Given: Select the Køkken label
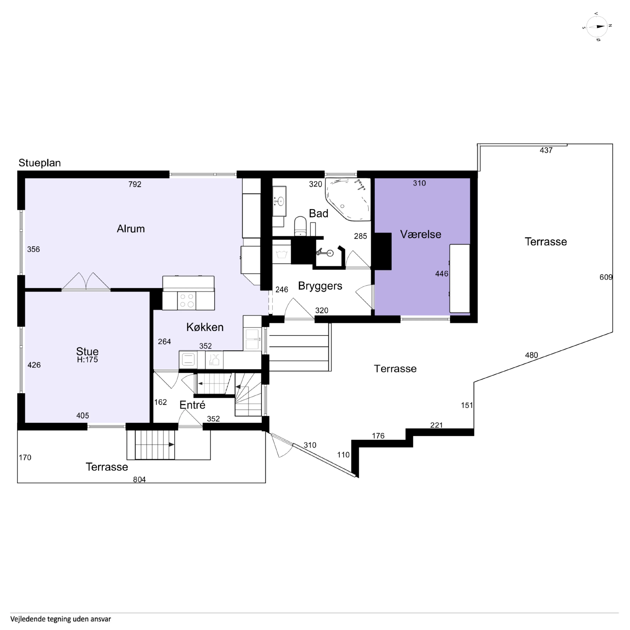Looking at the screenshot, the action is coord(205,327).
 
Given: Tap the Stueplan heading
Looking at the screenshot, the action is coord(39,163).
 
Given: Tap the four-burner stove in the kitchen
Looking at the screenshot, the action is coord(187,300).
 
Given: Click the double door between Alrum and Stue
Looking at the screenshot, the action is coord(86,281).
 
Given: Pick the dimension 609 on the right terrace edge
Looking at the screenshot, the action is coord(606,277).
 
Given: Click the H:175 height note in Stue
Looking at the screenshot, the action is coord(87,360).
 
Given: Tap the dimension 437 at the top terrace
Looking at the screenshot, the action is coord(546,150).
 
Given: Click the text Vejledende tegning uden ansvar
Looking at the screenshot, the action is coord(61,619).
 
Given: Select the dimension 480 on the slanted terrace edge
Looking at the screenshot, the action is coord(532,355).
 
